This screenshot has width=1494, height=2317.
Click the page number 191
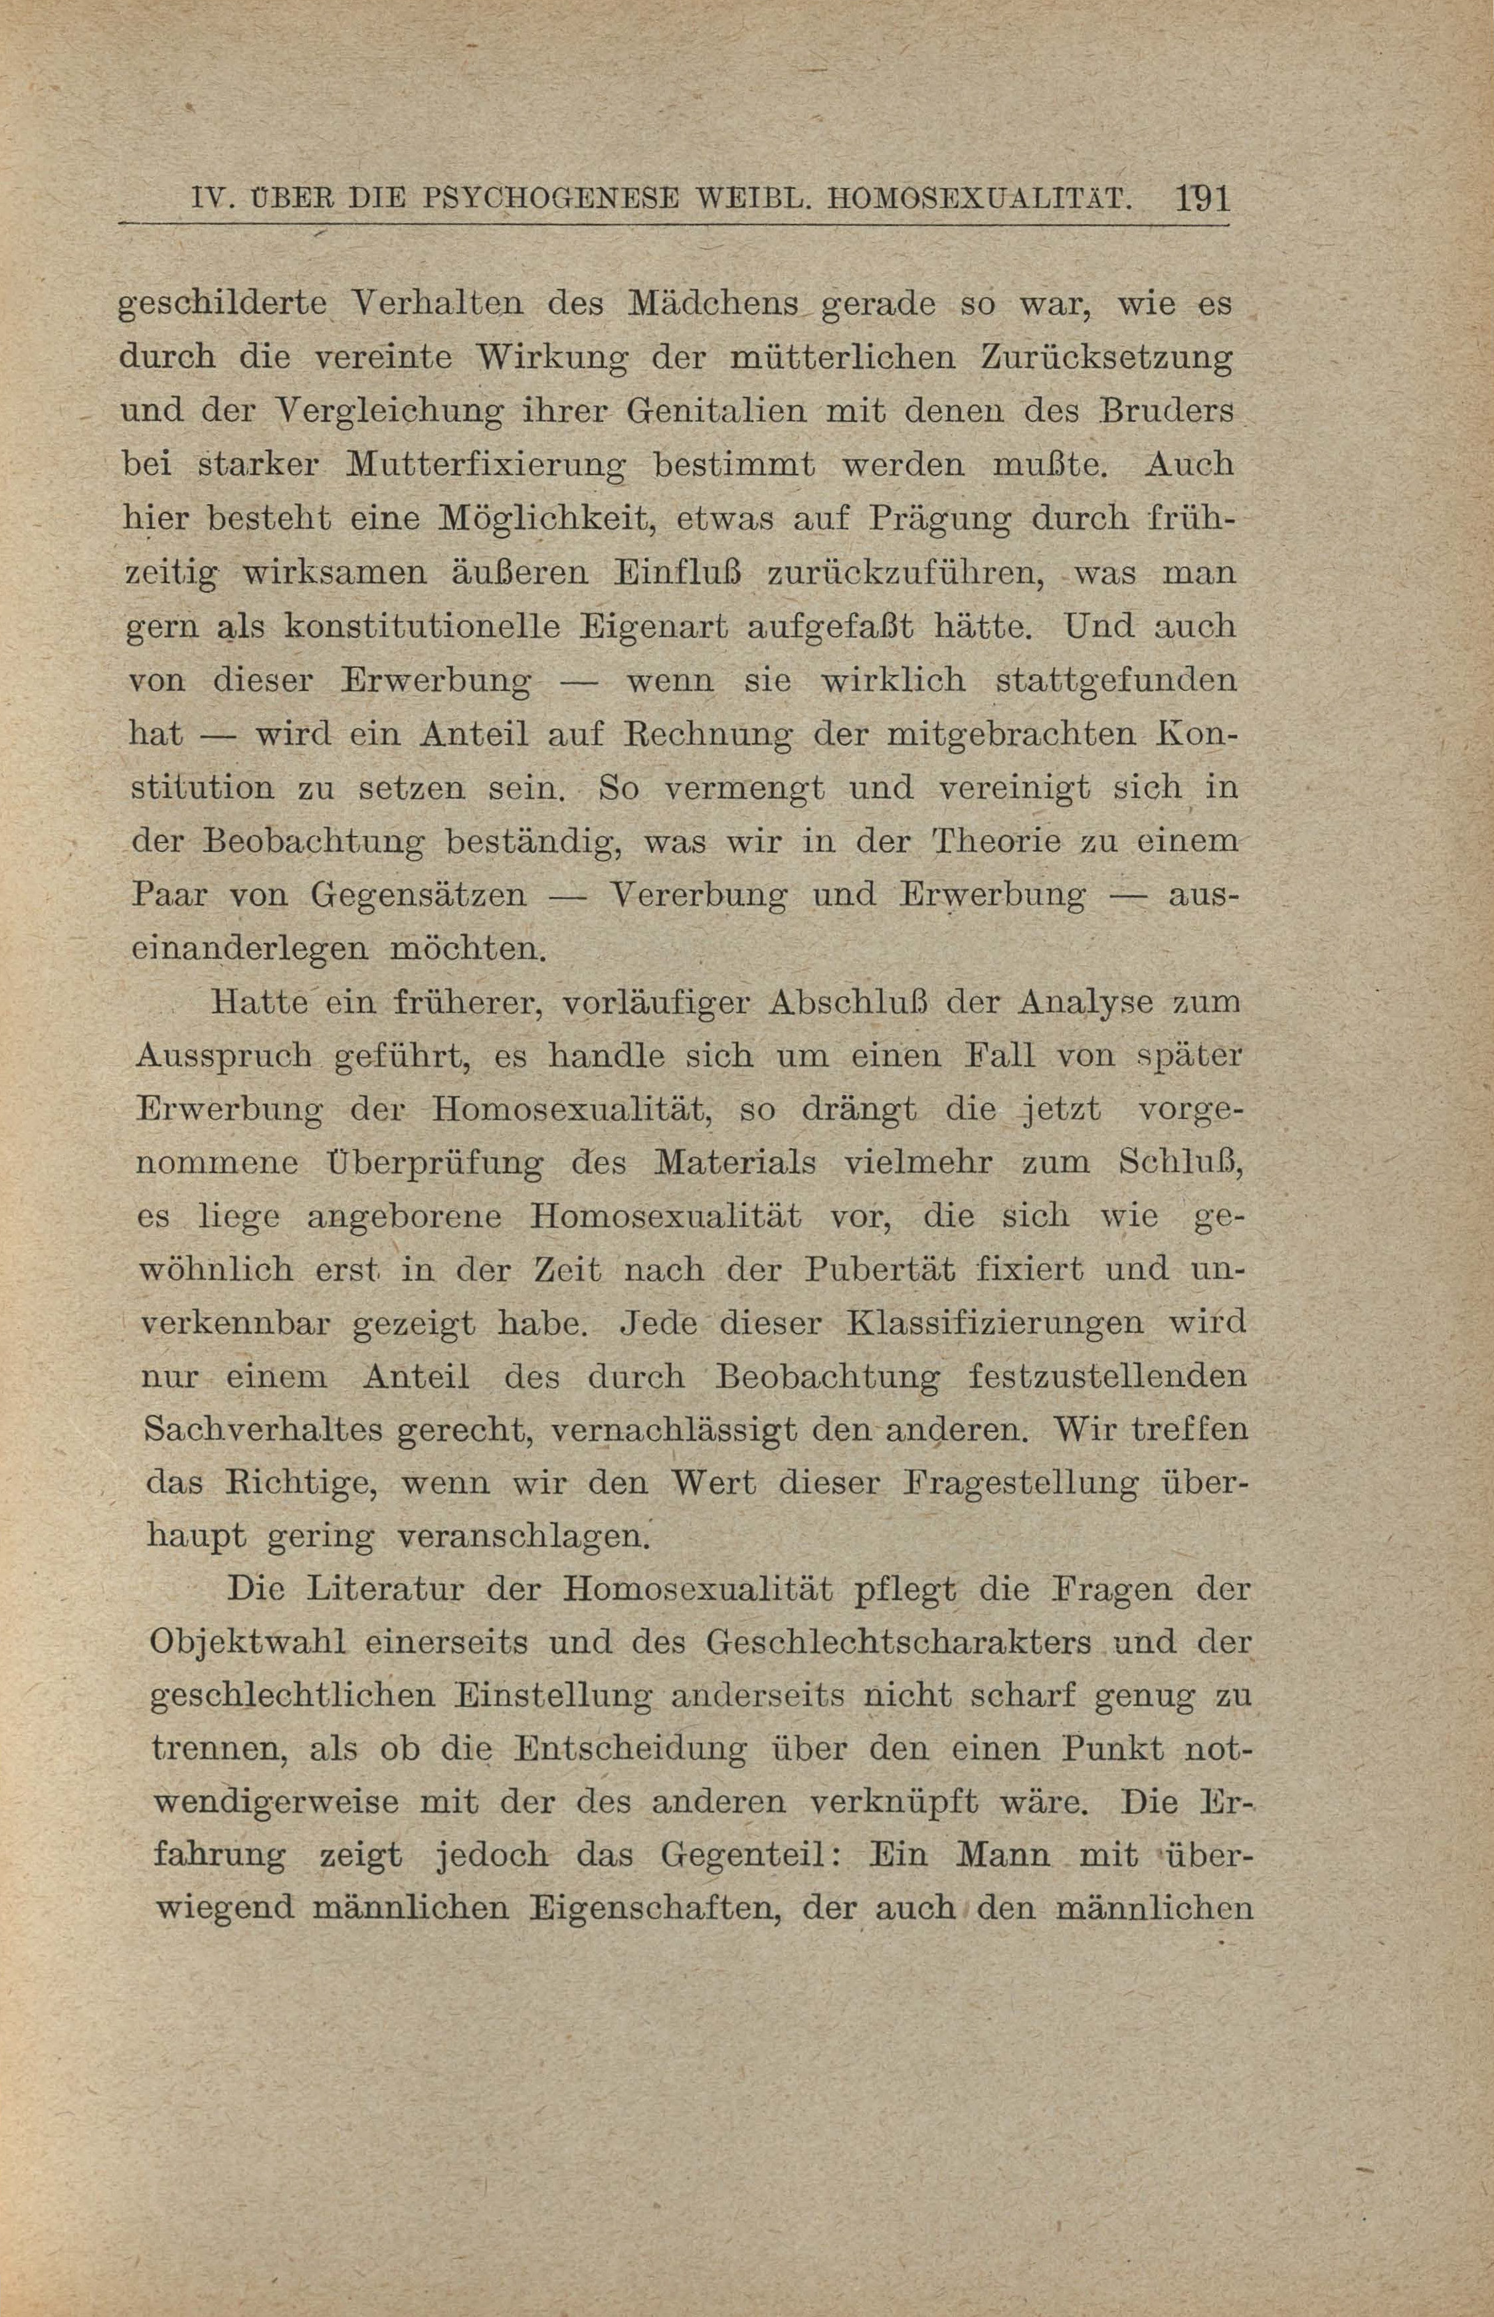[1202, 200]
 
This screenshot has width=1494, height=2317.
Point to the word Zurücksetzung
[1107, 358]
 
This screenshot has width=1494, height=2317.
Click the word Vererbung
[697, 894]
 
